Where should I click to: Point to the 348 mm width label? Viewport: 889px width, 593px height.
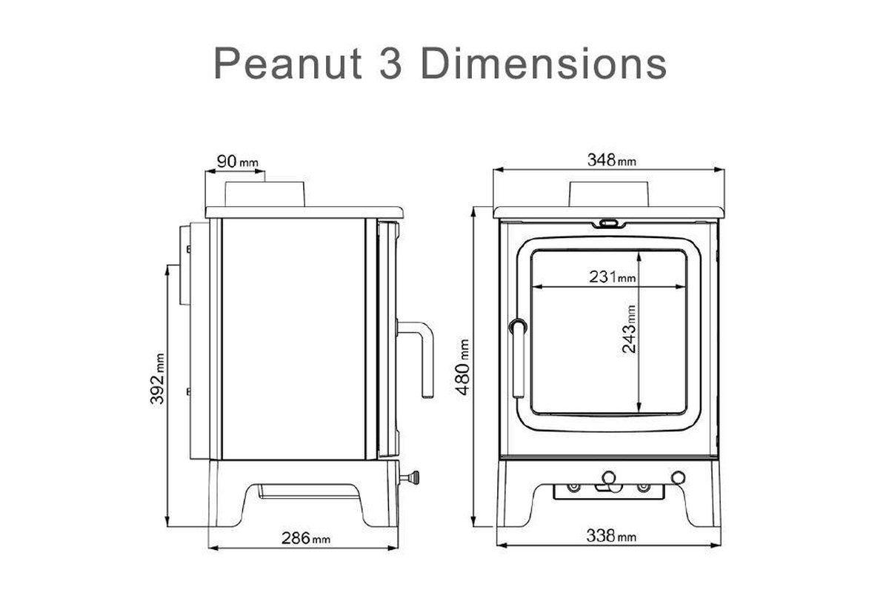click(611, 159)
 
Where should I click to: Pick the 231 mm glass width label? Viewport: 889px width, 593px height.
click(613, 277)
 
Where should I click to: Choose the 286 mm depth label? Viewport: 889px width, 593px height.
click(305, 538)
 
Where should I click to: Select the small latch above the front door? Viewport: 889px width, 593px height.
click(609, 222)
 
